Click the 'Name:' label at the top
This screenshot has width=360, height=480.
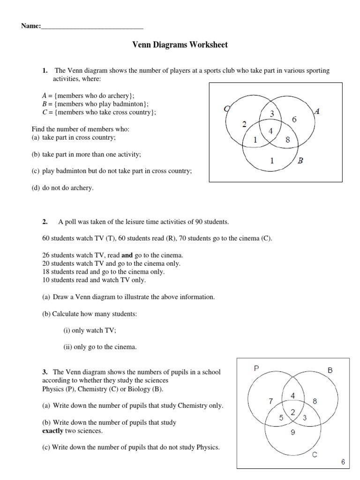click(x=30, y=26)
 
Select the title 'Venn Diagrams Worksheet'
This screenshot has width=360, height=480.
click(x=180, y=45)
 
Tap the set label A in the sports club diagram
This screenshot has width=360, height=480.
click(x=317, y=112)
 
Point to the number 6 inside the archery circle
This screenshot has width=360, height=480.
click(x=294, y=120)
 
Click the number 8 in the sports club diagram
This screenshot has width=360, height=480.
click(x=288, y=139)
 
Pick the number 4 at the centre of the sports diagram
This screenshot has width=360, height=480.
click(x=271, y=131)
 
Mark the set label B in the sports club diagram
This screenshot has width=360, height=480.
click(x=300, y=160)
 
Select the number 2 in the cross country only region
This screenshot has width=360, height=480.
click(x=244, y=124)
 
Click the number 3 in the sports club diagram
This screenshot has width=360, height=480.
click(x=271, y=114)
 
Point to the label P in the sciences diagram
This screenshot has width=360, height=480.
click(x=256, y=368)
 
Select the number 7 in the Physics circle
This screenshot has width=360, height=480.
click(x=271, y=401)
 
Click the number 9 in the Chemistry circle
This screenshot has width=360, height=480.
click(x=292, y=433)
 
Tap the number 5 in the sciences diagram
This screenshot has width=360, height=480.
click(x=281, y=418)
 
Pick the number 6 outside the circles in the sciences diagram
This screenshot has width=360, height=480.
click(x=343, y=462)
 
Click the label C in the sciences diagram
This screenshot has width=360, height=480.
click(x=315, y=454)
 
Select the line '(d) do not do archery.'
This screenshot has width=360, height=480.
click(x=62, y=188)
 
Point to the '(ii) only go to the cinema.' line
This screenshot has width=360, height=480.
click(x=100, y=347)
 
